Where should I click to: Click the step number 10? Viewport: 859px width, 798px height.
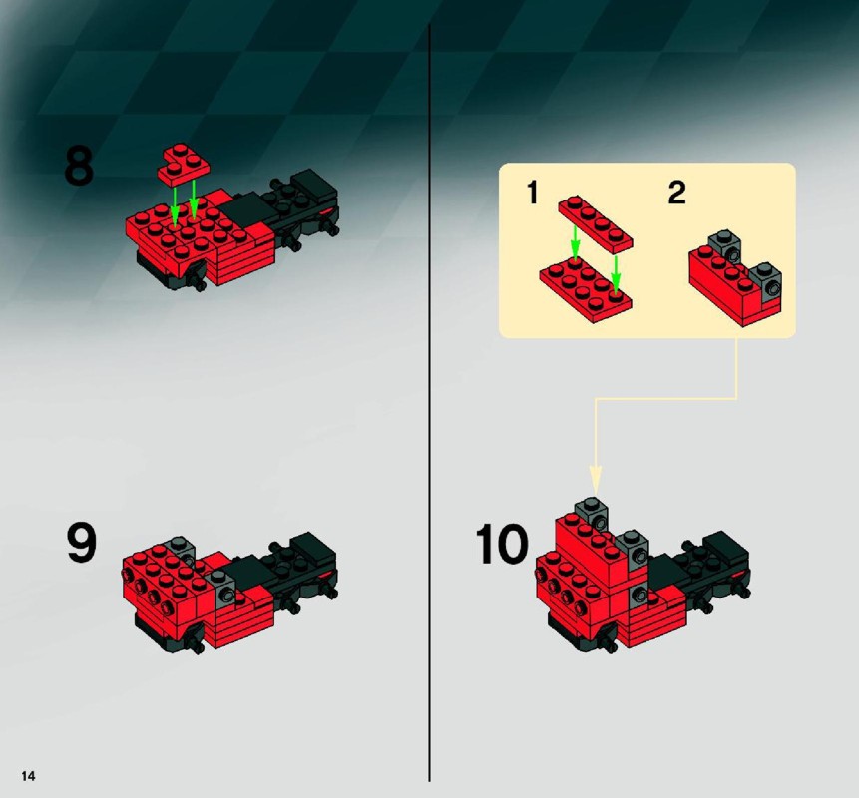[501, 544]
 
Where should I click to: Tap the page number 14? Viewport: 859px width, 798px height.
[28, 775]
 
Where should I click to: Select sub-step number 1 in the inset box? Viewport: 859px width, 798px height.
[532, 193]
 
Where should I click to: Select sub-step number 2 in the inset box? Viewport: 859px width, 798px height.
[677, 193]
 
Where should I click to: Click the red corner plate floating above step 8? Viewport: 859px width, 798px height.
[184, 163]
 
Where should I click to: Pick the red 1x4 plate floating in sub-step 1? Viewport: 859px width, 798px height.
[596, 223]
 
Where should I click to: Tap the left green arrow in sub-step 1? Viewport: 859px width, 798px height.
[574, 242]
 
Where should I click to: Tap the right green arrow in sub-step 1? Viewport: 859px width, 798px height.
[616, 275]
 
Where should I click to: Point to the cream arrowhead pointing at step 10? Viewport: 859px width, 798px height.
[596, 480]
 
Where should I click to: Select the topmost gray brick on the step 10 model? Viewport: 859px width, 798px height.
[592, 513]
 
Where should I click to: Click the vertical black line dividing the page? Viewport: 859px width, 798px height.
[429, 403]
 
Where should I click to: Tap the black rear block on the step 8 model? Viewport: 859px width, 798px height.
[313, 185]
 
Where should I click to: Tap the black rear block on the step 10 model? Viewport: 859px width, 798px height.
[726, 548]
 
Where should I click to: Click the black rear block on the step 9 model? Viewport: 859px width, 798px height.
[313, 549]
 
